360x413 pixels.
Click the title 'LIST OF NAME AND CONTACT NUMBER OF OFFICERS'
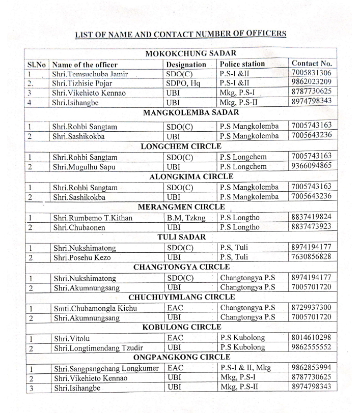point(180,34)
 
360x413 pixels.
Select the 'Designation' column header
point(186,65)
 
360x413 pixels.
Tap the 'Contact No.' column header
point(312,64)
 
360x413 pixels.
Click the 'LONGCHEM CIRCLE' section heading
point(180,146)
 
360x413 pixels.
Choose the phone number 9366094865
point(312,166)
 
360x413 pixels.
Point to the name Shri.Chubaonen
point(79,227)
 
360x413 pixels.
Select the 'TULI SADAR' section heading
point(181,237)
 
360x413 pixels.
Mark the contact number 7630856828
point(312,257)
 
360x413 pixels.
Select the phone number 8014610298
point(312,337)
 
